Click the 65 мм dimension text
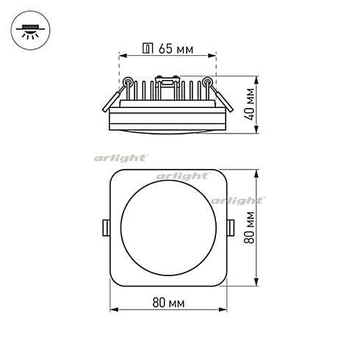tap(176, 49)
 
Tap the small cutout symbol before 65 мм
tap(148, 49)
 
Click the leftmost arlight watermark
tap(121, 157)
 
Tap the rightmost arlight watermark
tap(237, 200)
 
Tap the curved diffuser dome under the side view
tap(168, 131)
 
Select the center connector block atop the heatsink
tap(168, 84)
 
